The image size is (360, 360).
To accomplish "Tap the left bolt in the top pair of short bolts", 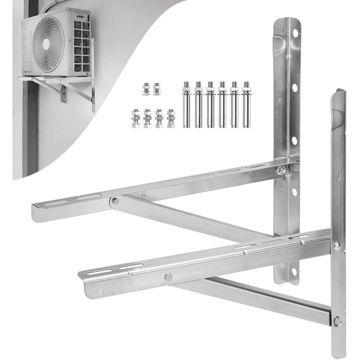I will [x=146, y=89].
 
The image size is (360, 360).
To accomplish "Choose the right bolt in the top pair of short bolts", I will [x=156, y=89].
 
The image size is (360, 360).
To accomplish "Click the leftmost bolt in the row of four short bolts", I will [x=135, y=118].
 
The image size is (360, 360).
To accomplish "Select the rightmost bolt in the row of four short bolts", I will [x=171, y=118].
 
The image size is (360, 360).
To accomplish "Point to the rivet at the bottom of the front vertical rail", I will [x=337, y=321].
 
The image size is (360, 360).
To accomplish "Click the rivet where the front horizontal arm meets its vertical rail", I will [x=336, y=246].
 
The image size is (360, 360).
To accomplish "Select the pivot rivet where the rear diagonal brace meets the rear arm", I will [x=115, y=200].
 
